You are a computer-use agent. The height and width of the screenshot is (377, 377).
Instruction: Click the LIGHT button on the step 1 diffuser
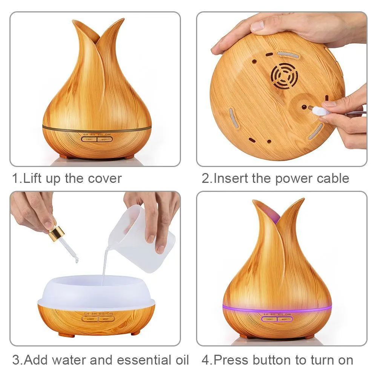click(x=89, y=139)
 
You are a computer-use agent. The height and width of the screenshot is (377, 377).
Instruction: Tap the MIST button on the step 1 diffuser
click(x=105, y=139)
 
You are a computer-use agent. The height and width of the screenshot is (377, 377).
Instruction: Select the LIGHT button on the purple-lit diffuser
click(x=269, y=319)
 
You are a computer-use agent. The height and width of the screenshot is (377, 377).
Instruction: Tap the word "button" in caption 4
click(x=272, y=360)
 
